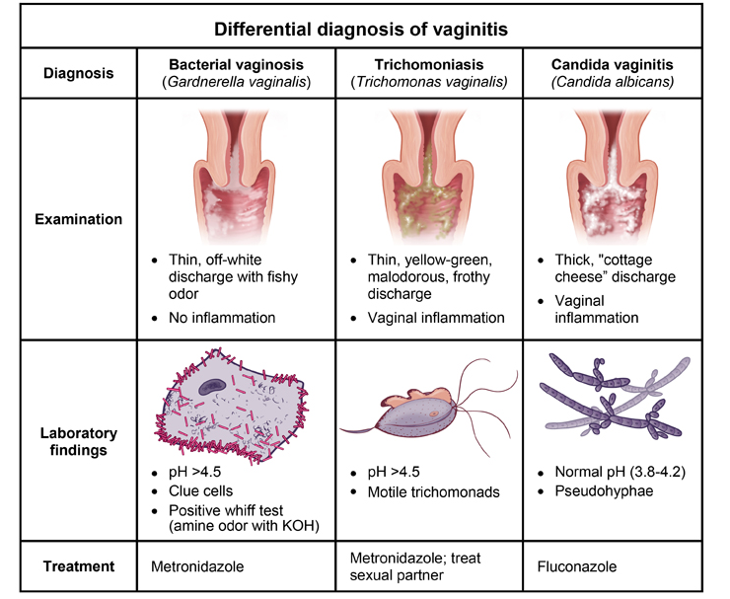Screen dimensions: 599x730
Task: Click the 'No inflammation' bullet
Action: (218, 318)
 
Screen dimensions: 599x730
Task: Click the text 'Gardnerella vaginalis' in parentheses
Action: (234, 82)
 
